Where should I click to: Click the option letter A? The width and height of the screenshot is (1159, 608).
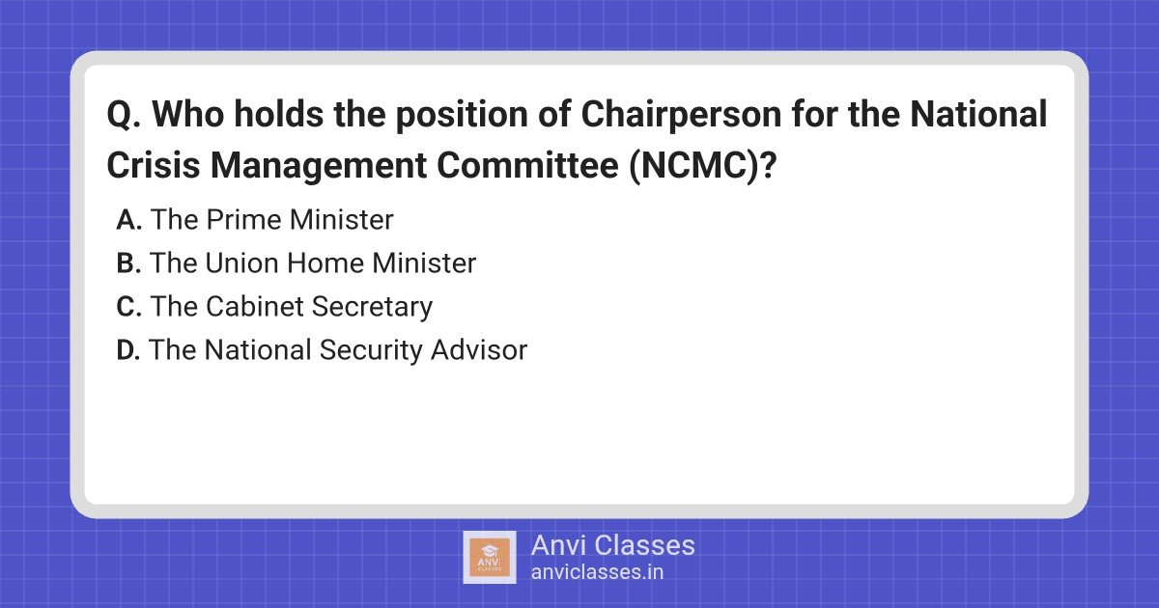tap(128, 220)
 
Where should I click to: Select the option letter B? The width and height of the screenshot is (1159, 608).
tap(128, 263)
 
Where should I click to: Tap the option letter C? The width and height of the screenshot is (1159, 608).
tap(128, 307)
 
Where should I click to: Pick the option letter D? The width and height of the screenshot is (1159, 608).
tap(128, 350)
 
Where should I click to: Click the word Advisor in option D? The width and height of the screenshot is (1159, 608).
tap(478, 350)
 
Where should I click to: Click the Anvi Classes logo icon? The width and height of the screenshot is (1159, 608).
tap(490, 557)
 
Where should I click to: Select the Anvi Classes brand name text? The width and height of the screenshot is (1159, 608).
tap(612, 545)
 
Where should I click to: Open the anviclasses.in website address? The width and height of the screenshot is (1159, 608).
tap(597, 571)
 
